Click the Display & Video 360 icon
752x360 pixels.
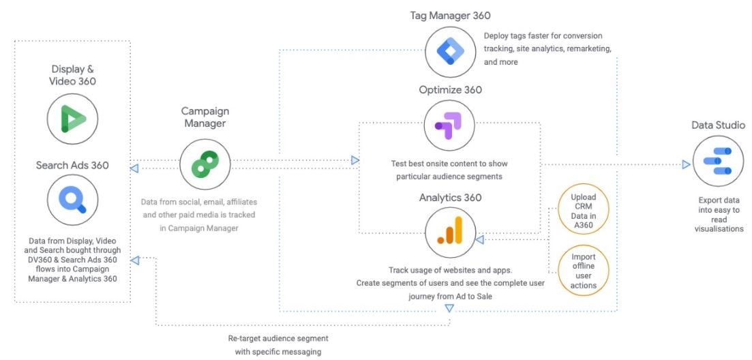tap(72, 119)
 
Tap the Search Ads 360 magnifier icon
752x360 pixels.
tap(72, 198)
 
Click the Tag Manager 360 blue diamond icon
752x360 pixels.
tap(449, 51)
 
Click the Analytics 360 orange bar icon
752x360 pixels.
tap(449, 232)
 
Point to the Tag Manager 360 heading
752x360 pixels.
tap(450, 15)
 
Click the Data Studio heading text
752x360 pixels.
tap(718, 125)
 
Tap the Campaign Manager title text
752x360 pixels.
tap(205, 117)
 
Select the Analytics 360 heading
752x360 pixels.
tap(450, 198)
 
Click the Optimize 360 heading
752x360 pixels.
tap(450, 90)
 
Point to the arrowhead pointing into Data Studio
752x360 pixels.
tap(686, 164)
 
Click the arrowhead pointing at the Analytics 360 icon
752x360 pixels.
tap(479, 239)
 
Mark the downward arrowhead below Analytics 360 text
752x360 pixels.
tap(449, 309)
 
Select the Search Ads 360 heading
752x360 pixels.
tap(72, 165)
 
